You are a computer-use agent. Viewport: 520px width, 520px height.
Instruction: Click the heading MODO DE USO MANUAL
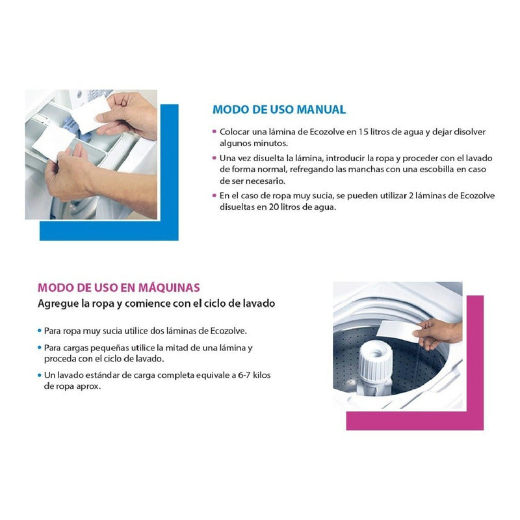(x=279, y=109)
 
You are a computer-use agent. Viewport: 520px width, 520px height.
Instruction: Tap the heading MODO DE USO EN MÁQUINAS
(x=119, y=287)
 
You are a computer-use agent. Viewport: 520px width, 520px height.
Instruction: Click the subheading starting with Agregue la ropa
(x=156, y=304)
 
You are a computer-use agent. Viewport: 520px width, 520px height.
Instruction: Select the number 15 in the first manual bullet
(x=363, y=132)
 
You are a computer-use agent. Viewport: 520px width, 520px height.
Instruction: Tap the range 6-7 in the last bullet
(x=244, y=375)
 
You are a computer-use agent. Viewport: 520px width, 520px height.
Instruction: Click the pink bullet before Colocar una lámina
(x=214, y=132)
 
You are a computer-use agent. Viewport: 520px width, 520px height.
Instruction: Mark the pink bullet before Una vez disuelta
(x=214, y=158)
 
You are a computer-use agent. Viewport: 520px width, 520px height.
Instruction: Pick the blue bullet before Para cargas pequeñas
(x=40, y=348)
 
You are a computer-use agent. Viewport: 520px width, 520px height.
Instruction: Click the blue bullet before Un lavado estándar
(x=40, y=375)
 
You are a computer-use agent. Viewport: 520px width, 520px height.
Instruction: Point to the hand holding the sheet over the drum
(x=437, y=335)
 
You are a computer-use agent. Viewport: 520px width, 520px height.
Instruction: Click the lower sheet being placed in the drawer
(x=53, y=142)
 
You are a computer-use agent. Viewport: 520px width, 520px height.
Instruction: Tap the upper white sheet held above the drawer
(x=90, y=114)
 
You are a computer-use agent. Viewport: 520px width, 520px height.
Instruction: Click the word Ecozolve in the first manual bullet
(x=327, y=132)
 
